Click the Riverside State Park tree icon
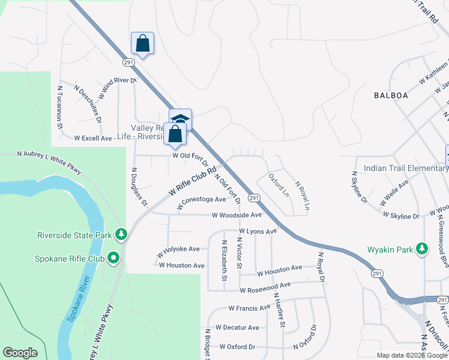pyautogui.click(x=121, y=233)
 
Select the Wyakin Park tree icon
pyautogui.click(x=423, y=248)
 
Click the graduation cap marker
pyautogui.click(x=180, y=119)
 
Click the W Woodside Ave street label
pyautogui.click(x=237, y=215)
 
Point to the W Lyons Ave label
pyautogui.click(x=258, y=231)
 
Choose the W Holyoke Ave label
pyautogui.click(x=178, y=249)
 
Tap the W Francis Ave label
pyautogui.click(x=249, y=308)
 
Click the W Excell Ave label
pyautogui.click(x=93, y=138)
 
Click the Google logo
pyautogui.click(x=20, y=353)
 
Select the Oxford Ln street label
pyautogui.click(x=279, y=186)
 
